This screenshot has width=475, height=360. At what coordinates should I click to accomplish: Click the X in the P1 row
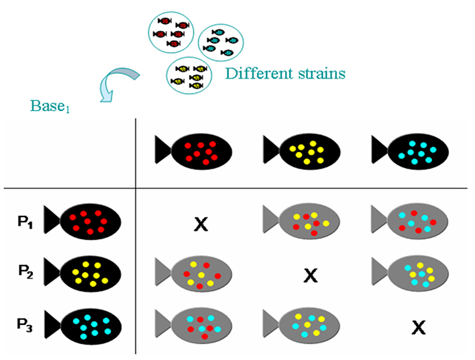[201, 224]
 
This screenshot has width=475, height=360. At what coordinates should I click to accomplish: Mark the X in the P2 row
[310, 274]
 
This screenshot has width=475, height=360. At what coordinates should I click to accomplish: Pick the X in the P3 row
[419, 327]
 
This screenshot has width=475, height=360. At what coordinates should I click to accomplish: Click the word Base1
[51, 105]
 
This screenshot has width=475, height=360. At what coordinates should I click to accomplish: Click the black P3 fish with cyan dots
[83, 325]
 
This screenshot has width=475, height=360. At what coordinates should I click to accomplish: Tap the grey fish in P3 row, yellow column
[302, 326]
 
